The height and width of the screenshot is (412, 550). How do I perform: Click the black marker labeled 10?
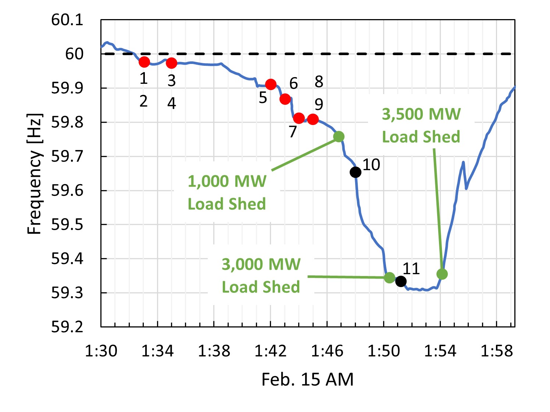click(355, 172)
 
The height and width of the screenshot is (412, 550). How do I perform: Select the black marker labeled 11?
click(401, 282)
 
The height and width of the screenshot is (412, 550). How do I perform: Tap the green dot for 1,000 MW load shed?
click(339, 137)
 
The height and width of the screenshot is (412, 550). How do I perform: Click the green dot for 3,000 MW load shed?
click(389, 277)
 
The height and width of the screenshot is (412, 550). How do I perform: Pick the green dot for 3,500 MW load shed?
click(442, 274)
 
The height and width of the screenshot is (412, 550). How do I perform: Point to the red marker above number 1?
click(144, 62)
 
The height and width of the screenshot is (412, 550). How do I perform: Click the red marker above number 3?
click(171, 63)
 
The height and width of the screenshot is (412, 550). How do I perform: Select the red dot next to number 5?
click(271, 85)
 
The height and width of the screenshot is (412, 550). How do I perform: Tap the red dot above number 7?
click(299, 118)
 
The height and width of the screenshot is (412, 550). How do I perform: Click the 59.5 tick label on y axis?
click(67, 225)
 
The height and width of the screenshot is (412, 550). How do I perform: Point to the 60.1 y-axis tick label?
click(67, 20)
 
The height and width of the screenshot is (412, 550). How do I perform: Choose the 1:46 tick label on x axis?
click(327, 351)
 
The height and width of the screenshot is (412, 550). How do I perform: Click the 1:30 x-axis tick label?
click(101, 351)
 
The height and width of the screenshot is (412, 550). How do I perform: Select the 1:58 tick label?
click(496, 351)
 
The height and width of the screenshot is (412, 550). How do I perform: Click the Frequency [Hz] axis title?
click(35, 173)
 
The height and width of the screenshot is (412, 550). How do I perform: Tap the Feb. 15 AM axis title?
click(307, 379)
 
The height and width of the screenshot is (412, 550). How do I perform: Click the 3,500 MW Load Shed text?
click(421, 125)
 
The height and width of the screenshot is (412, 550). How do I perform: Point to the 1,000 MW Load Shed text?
click(227, 192)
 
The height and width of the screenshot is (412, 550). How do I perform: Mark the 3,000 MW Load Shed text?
click(261, 275)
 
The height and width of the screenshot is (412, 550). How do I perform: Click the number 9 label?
click(319, 105)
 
